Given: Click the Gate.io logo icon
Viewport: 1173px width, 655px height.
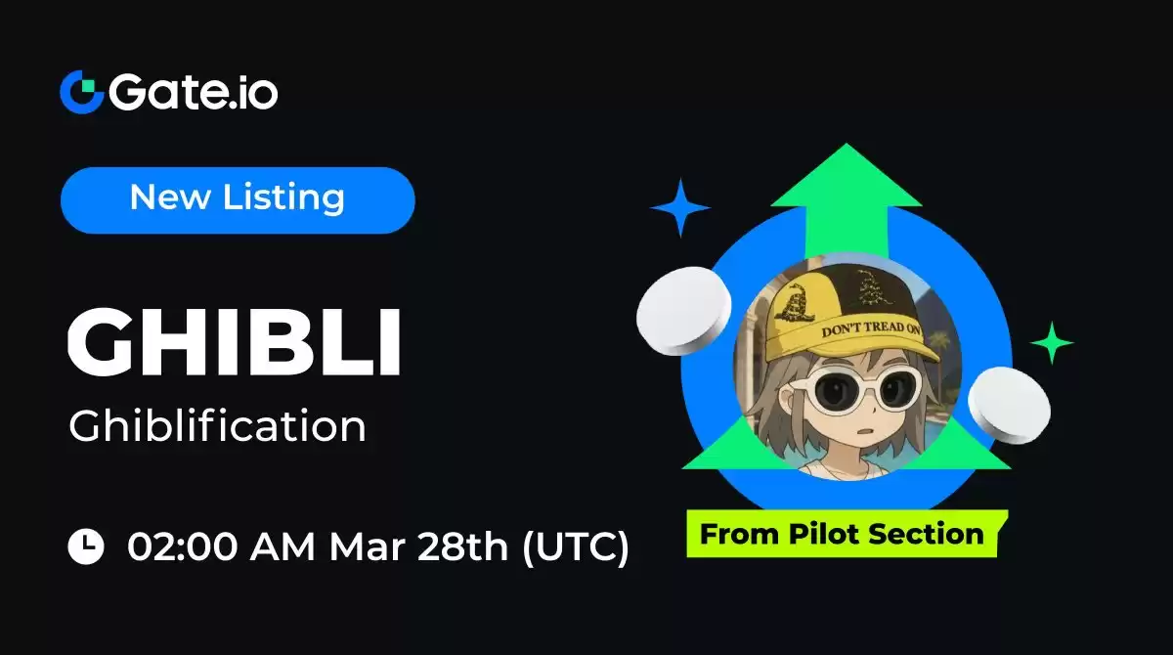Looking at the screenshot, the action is (x=82, y=92).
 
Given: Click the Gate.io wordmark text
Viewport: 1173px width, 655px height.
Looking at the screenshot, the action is (x=194, y=92).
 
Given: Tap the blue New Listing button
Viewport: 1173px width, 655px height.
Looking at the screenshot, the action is (x=238, y=200).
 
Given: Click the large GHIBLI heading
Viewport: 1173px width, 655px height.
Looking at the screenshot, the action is (x=235, y=341).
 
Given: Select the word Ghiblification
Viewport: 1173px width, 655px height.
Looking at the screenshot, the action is (x=217, y=425).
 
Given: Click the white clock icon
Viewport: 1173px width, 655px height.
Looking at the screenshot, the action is (x=86, y=546).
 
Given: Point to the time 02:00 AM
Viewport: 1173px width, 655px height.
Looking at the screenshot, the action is (x=221, y=547).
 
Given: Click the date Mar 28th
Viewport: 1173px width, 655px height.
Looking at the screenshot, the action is (x=418, y=547).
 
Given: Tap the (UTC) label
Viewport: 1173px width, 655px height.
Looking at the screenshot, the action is (x=576, y=547).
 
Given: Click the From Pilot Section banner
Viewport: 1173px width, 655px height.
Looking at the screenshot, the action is (x=847, y=533).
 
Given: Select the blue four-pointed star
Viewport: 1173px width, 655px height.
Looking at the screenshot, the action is (x=680, y=208).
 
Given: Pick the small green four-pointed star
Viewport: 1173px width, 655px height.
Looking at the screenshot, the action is (x=1052, y=343).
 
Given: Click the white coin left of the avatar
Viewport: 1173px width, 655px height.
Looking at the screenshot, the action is (x=683, y=311).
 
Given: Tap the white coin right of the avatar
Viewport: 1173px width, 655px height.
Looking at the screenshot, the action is (x=1009, y=406).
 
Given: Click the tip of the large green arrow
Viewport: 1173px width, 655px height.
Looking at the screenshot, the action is (x=847, y=144).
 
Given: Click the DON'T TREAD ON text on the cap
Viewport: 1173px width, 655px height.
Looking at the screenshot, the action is (x=871, y=329).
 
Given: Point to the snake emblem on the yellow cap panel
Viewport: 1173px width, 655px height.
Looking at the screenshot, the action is (x=796, y=301).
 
